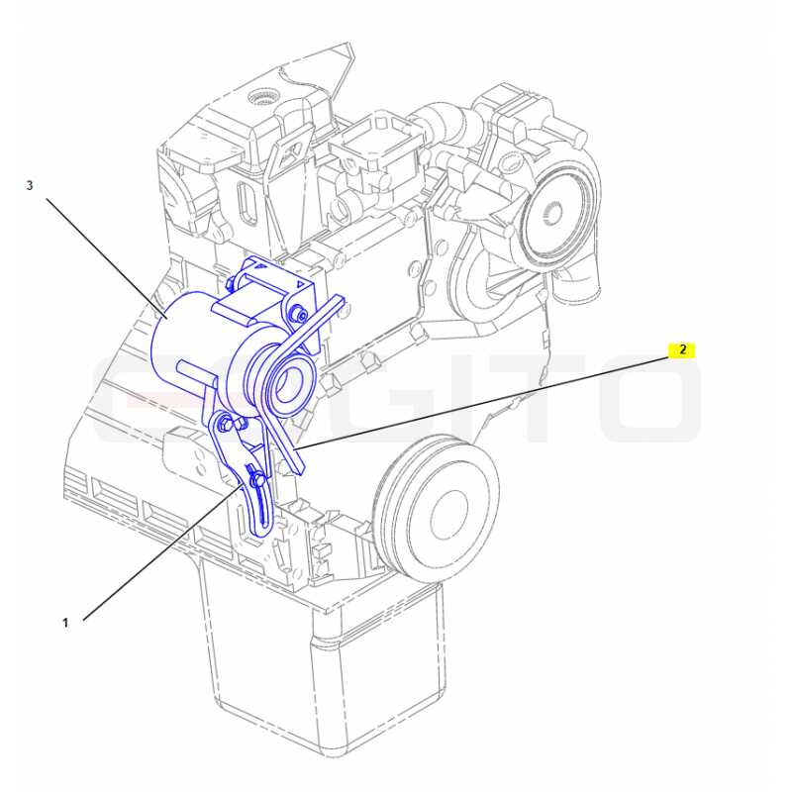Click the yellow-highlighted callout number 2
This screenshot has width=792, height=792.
pyautogui.click(x=682, y=350)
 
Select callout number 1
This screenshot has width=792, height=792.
pyautogui.click(x=65, y=623)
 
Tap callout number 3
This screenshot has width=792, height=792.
pyautogui.click(x=30, y=185)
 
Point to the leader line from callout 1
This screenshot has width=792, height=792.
pyautogui.click(x=162, y=552)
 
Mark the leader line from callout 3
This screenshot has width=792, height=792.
pyautogui.click(x=107, y=257)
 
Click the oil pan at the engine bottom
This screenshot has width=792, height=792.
pyautogui.click(x=324, y=672)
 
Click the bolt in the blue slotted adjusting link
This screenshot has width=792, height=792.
pyautogui.click(x=257, y=477)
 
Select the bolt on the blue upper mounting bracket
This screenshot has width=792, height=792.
pyautogui.click(x=298, y=315)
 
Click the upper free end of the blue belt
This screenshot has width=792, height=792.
pyautogui.click(x=341, y=301)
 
